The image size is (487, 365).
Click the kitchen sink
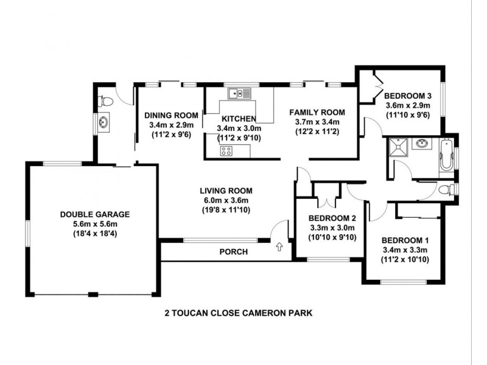(240, 93)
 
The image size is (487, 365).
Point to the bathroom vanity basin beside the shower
(422, 144)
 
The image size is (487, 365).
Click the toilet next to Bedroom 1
(450, 189)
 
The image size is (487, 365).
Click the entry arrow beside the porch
(279, 247)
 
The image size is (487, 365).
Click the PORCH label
(233, 252)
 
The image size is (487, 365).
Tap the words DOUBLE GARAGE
(95, 214)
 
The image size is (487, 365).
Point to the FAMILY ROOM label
(317, 112)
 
